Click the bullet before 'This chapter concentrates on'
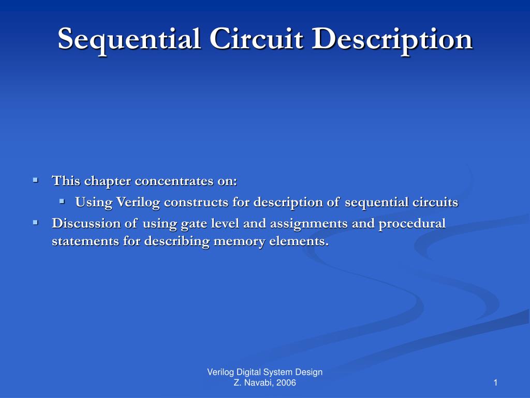pyautogui.click(x=35, y=180)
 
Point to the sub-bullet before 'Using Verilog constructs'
pyautogui.click(x=62, y=201)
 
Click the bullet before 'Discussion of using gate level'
pyautogui.click(x=35, y=222)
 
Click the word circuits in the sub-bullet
pyautogui.click(x=435, y=202)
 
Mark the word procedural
pyautogui.click(x=412, y=223)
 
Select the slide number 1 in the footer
pyautogui.click(x=495, y=383)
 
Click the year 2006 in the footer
pyautogui.click(x=286, y=383)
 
